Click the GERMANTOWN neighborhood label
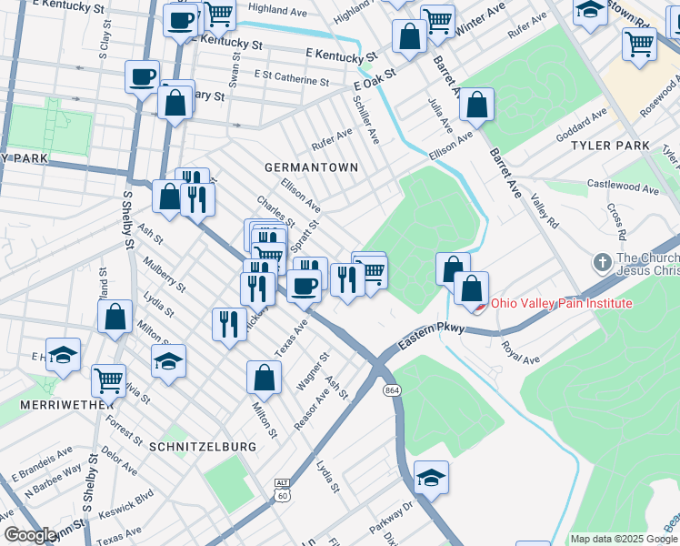(311, 167)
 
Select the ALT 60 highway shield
(283, 490)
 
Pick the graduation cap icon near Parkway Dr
(431, 477)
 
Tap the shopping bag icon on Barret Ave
(475, 105)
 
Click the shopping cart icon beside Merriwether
(108, 379)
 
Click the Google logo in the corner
(31, 535)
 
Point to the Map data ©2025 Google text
(623, 539)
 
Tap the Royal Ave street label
(522, 352)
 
